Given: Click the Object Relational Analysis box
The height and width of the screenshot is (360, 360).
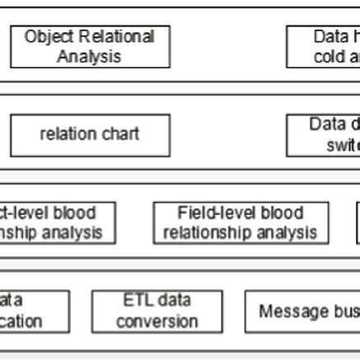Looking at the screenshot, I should (x=90, y=47).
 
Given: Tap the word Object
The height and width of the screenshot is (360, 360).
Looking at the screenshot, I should (x=49, y=37).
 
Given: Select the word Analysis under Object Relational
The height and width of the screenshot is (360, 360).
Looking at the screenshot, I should (x=90, y=57).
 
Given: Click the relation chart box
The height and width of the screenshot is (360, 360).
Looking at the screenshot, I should (x=90, y=134).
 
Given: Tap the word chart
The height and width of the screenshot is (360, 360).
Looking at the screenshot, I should (x=120, y=134).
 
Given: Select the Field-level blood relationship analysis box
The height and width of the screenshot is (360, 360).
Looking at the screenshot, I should (x=241, y=222).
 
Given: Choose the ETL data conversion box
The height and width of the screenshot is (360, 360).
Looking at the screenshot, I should (x=157, y=311).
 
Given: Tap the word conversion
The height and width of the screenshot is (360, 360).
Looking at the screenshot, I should (x=157, y=321).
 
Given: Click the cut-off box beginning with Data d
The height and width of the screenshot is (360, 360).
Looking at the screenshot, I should (x=323, y=134).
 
